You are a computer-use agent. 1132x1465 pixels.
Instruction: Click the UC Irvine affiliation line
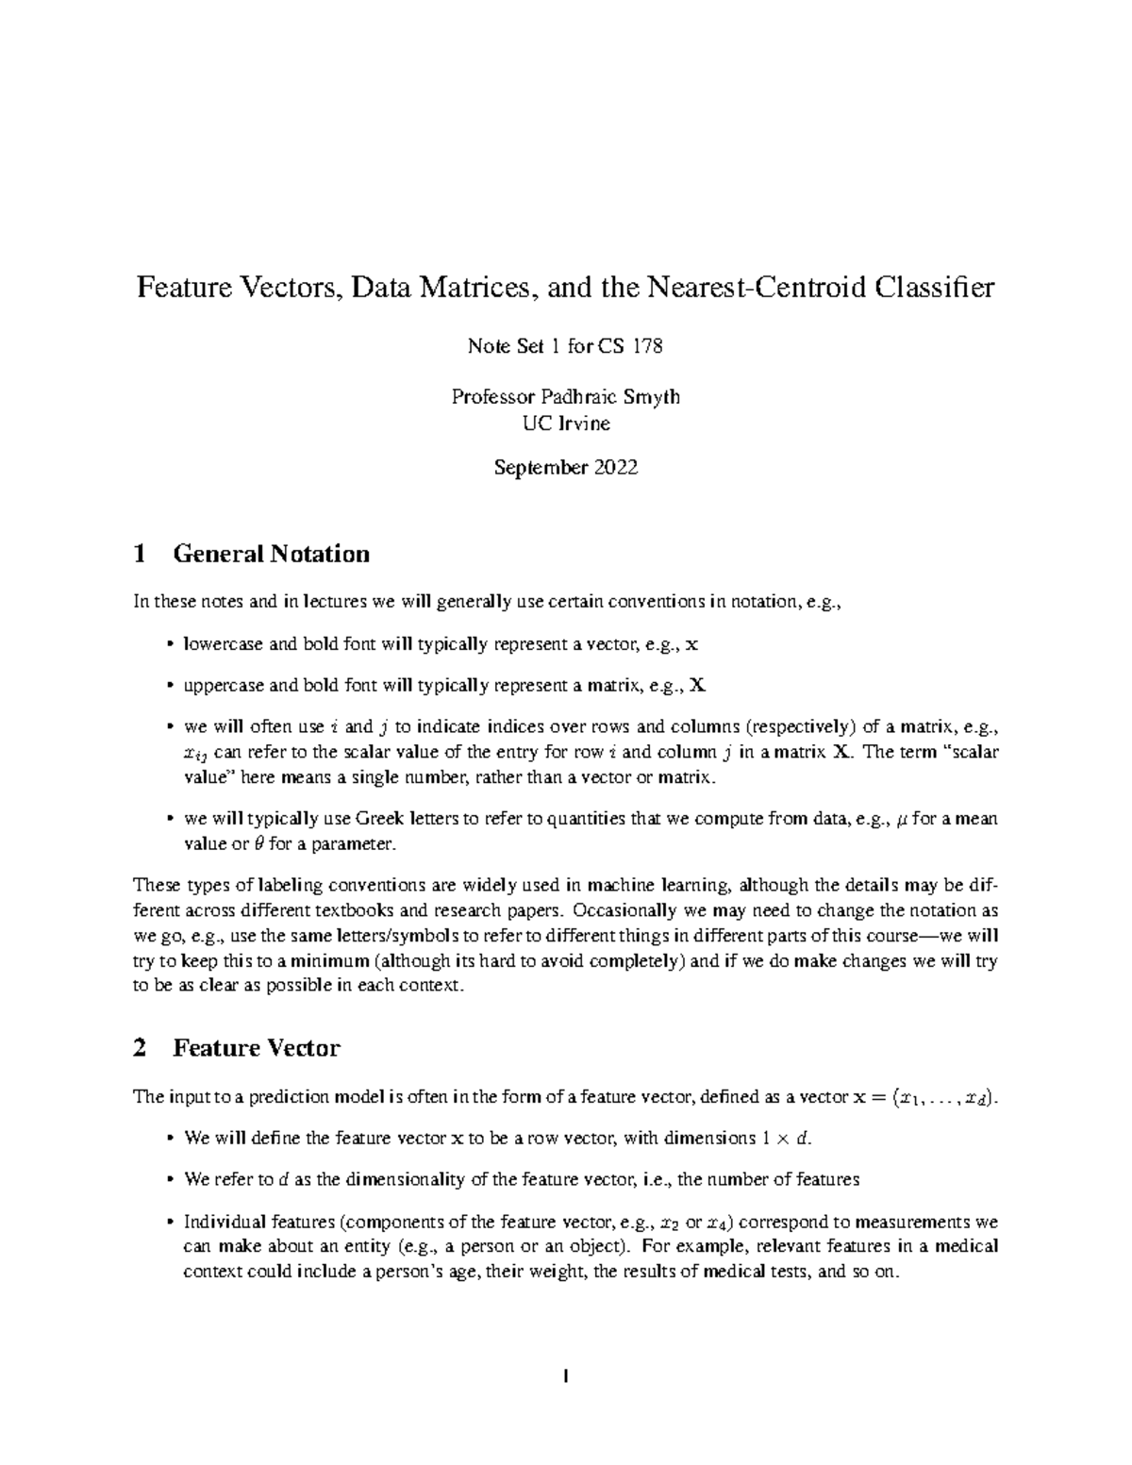(x=566, y=423)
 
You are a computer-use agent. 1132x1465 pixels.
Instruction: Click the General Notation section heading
(x=271, y=554)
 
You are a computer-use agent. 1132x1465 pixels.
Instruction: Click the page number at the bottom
(x=566, y=1377)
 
